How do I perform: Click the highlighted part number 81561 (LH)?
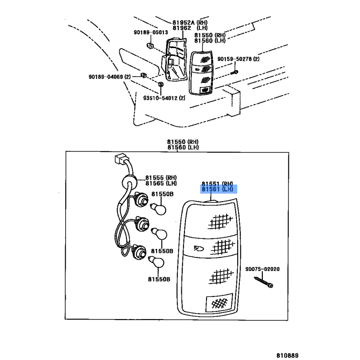[217, 189]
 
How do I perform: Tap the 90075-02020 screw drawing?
[264, 282]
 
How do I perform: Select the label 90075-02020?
[262, 269]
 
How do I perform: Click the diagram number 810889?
[287, 355]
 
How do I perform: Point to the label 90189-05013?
[151, 32]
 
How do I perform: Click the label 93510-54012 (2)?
[164, 98]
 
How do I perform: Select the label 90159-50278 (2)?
[238, 59]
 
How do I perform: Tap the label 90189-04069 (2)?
[109, 76]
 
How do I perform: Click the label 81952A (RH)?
[190, 22]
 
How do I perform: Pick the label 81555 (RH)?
[161, 178]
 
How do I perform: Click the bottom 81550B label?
[159, 279]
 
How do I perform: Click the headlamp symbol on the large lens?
[199, 248]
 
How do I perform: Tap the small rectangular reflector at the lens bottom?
[219, 303]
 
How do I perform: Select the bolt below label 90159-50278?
[234, 72]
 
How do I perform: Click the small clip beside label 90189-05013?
[150, 45]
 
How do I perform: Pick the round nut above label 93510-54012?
[161, 84]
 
